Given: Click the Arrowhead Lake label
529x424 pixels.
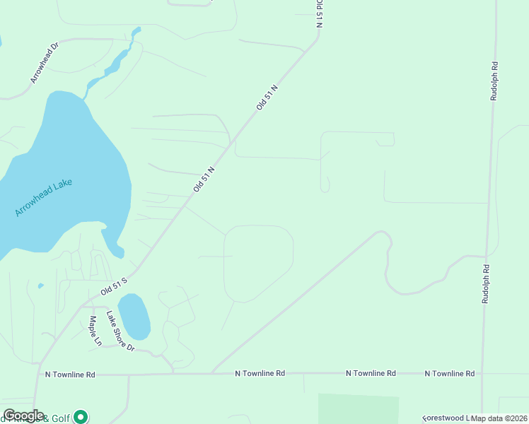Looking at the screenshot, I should (44, 197).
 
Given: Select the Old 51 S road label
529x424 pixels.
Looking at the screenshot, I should (113, 285).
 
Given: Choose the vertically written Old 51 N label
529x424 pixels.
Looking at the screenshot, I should (319, 13).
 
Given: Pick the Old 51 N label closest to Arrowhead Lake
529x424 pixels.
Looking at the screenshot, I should (204, 179).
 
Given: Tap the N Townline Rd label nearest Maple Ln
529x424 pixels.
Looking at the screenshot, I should (69, 374).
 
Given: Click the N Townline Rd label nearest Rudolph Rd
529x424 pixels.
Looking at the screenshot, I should (450, 372).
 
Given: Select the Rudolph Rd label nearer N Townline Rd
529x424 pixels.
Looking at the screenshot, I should (486, 284).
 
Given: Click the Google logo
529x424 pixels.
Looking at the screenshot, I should (23, 416).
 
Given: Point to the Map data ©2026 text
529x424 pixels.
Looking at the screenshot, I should (499, 418).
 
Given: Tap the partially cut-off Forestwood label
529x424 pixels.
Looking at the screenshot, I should (446, 418).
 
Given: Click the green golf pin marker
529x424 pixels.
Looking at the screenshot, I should (81, 417).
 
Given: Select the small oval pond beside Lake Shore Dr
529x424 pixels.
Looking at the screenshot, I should (134, 317).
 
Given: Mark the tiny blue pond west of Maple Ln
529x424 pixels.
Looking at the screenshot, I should (40, 286).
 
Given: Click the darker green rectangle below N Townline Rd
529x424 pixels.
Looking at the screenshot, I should (358, 408).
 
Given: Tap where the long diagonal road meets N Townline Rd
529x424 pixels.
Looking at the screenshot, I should (211, 372).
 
